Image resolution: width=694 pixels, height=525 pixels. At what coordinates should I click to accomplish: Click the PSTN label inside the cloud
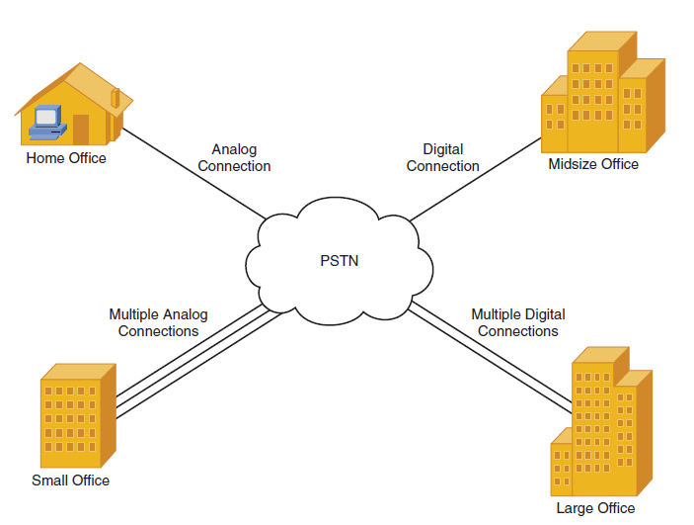pyautogui.click(x=339, y=261)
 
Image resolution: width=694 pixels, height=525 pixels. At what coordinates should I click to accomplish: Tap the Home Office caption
pyautogui.click(x=66, y=158)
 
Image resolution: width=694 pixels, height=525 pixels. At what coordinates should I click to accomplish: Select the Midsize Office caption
pyautogui.click(x=593, y=164)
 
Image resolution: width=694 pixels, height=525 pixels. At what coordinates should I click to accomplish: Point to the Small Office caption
pyautogui.click(x=70, y=481)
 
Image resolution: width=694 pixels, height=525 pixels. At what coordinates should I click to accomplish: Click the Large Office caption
pyautogui.click(x=595, y=508)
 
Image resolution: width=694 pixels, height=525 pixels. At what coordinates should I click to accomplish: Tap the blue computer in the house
pyautogui.click(x=47, y=123)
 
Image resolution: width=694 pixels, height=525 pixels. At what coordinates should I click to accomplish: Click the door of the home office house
pyautogui.click(x=81, y=130)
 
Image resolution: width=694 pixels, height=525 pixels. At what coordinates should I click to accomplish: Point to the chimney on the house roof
pyautogui.click(x=116, y=98)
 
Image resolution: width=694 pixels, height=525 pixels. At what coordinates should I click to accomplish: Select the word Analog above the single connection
pyautogui.click(x=234, y=149)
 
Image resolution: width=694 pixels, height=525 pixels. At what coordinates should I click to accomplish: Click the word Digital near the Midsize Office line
pyautogui.click(x=443, y=149)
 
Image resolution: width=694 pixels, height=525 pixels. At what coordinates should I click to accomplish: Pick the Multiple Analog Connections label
pyautogui.click(x=159, y=322)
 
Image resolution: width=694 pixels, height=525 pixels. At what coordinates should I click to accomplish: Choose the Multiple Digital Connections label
pyautogui.click(x=518, y=322)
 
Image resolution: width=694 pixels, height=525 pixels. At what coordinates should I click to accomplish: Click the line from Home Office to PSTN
pyautogui.click(x=193, y=174)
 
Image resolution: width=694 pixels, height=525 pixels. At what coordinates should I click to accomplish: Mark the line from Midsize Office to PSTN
pyautogui.click(x=476, y=179)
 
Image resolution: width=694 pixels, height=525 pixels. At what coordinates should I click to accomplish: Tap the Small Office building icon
pyautogui.click(x=78, y=415)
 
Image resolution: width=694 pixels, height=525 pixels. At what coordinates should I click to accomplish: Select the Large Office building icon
pyautogui.click(x=601, y=421)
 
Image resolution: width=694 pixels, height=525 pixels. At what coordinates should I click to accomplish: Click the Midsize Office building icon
pyautogui.click(x=603, y=92)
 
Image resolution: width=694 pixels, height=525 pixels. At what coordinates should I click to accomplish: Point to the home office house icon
pyautogui.click(x=73, y=104)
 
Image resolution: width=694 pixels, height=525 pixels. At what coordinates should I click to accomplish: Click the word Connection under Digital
pyautogui.click(x=443, y=166)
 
